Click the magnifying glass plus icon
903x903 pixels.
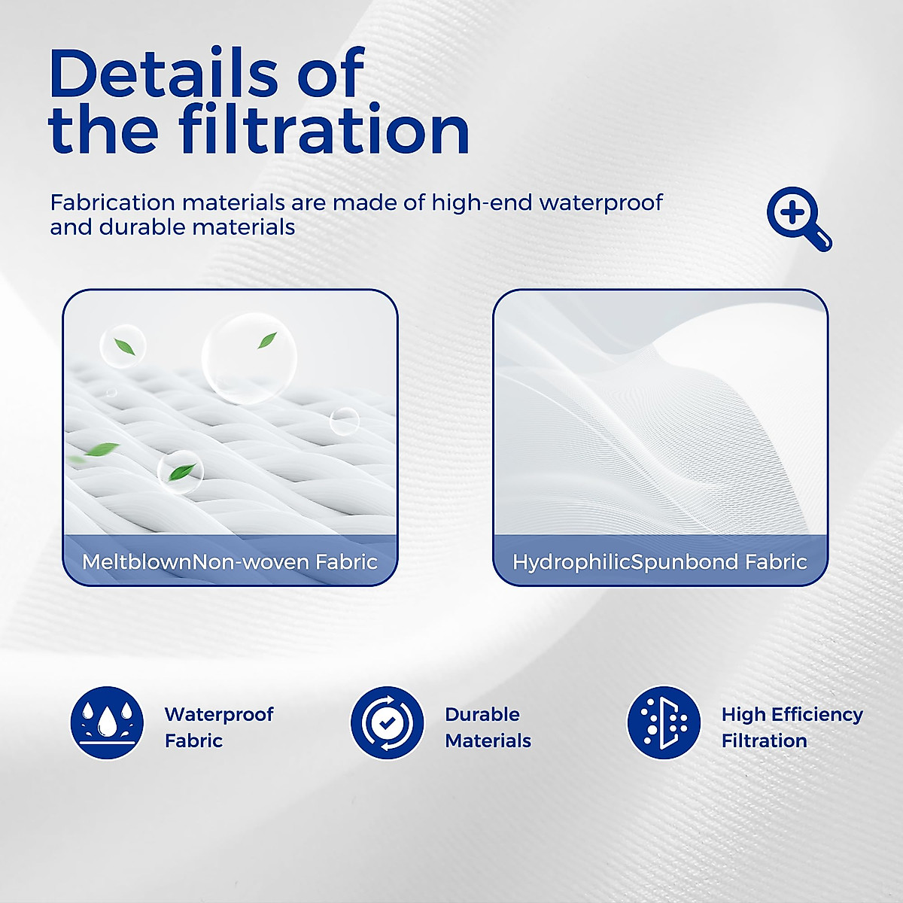click(x=798, y=218)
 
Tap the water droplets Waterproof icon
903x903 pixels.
click(x=107, y=723)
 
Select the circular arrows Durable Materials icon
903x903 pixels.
click(x=387, y=723)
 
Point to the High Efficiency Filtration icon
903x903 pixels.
click(x=664, y=723)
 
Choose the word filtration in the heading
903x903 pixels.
click(x=324, y=127)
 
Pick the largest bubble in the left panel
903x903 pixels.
click(x=249, y=358)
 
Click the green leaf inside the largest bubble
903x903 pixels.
click(x=267, y=340)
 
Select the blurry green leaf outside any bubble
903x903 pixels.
click(x=101, y=449)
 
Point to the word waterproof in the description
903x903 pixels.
click(x=601, y=203)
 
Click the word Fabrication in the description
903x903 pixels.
click(x=112, y=203)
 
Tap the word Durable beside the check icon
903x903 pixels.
click(x=482, y=714)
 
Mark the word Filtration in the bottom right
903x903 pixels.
click(x=765, y=741)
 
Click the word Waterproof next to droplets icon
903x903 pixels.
click(x=219, y=715)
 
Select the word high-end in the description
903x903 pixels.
click(x=482, y=203)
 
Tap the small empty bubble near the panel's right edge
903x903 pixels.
click(x=345, y=421)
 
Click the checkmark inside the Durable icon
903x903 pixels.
click(x=387, y=723)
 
